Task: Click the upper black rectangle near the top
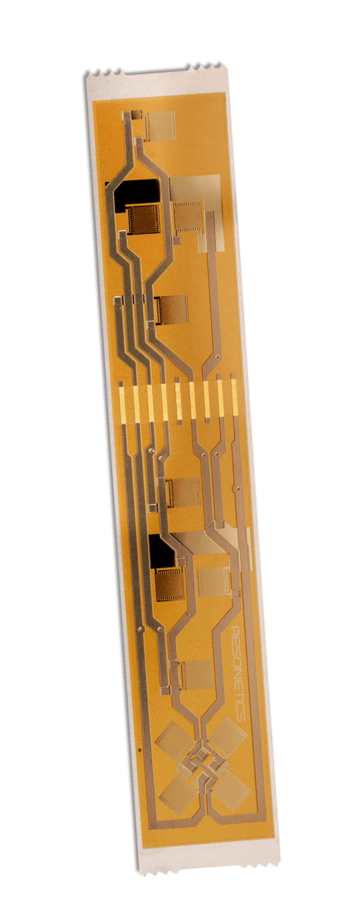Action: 132,193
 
